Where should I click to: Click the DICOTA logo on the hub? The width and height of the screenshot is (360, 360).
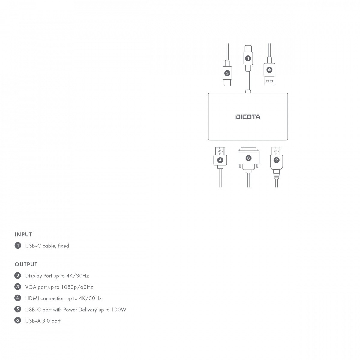[x=248, y=117]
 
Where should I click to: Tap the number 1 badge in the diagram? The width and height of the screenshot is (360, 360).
[x=248, y=58]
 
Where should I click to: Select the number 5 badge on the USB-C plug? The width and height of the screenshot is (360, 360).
[x=227, y=73]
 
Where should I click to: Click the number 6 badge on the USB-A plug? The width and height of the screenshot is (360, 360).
[x=269, y=70]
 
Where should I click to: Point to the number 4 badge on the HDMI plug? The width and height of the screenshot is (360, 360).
[x=220, y=160]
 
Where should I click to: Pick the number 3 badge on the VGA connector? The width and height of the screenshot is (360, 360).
[x=248, y=158]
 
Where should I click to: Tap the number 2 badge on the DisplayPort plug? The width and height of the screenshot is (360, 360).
[x=277, y=160]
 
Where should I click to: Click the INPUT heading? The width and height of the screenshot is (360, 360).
[x=23, y=235]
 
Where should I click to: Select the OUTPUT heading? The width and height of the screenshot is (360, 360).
[x=26, y=264]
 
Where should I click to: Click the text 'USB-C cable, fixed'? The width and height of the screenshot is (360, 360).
[x=47, y=246]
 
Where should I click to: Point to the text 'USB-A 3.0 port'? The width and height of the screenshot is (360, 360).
[x=43, y=321]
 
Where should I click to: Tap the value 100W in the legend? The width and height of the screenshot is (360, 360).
[x=119, y=310]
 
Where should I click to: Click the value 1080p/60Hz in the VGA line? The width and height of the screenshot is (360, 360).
[x=77, y=287]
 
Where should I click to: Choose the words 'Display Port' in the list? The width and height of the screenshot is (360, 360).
[x=39, y=276]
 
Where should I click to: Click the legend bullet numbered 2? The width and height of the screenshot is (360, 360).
[x=18, y=276]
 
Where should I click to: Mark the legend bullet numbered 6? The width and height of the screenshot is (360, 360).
[x=18, y=320]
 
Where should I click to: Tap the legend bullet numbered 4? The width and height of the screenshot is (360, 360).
[x=18, y=298]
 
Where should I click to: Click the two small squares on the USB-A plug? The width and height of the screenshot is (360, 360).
[x=269, y=81]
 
